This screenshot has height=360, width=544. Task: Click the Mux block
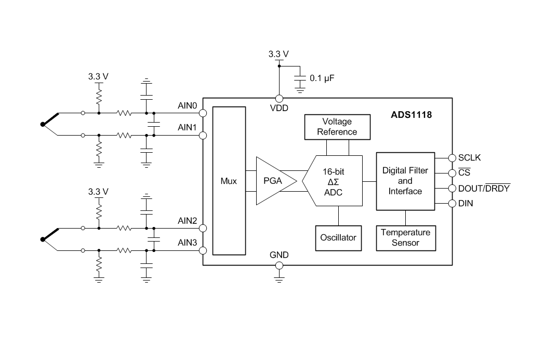[x=229, y=181]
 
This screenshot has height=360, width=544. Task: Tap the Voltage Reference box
[x=337, y=127]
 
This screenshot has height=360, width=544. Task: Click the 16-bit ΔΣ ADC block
[x=333, y=181]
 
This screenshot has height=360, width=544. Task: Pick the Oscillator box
[x=338, y=237]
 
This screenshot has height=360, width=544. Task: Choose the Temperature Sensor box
[x=405, y=238]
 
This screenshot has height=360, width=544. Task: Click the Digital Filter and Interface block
[x=405, y=181]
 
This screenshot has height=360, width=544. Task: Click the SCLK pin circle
[x=452, y=157]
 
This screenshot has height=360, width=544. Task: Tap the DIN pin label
[x=466, y=204]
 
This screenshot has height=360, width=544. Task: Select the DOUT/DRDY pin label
[x=484, y=188]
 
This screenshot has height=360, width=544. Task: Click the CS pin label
[x=464, y=172]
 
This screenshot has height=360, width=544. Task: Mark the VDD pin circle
[x=279, y=98]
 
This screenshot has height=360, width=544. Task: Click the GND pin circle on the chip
[x=279, y=265]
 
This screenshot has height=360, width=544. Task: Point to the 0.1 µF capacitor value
[x=322, y=78]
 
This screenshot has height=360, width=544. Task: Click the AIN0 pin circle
[x=203, y=113]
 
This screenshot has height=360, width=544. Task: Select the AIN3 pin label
[x=187, y=243]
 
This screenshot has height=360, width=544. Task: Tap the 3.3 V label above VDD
[x=278, y=54]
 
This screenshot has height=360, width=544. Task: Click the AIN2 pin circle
[x=203, y=228]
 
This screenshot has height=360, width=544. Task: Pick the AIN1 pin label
[x=187, y=127]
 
